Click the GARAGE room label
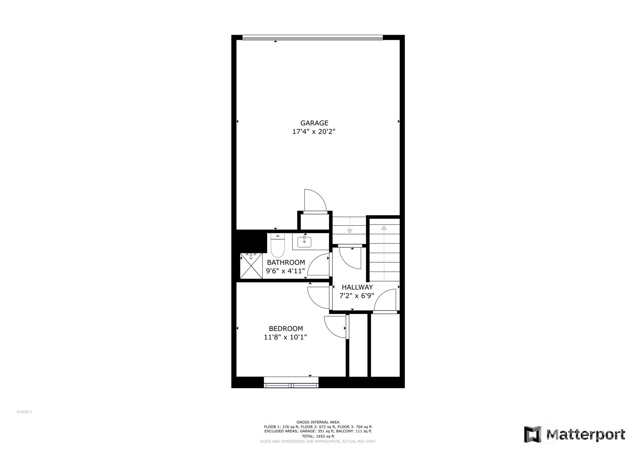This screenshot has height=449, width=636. [314, 123]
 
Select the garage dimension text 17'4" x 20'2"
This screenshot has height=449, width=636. [314, 131]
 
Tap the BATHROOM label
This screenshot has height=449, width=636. [286, 262]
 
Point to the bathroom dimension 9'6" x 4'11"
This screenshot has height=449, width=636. [285, 271]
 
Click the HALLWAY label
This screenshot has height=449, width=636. [357, 287]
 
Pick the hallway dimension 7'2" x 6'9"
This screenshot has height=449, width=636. [356, 295]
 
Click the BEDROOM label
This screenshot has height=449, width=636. [286, 328]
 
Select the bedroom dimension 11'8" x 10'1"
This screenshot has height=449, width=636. [285, 337]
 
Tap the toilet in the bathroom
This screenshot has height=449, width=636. [278, 245]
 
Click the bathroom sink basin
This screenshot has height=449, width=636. [304, 242]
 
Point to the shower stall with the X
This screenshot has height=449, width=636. [251, 266]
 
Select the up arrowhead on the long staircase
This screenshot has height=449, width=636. [384, 228]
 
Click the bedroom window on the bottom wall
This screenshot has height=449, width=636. [291, 382]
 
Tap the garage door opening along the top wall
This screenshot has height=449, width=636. [313, 37]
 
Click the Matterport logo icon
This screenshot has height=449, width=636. [533, 434]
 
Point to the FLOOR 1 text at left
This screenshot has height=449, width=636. [24, 412]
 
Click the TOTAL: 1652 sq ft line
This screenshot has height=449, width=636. [318, 436]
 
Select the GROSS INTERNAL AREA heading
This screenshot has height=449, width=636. [318, 422]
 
